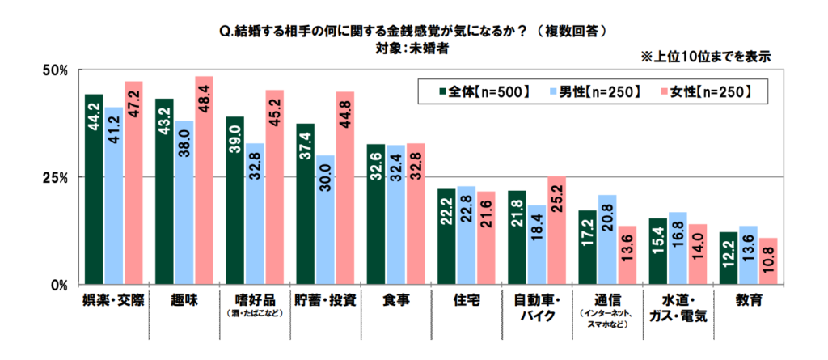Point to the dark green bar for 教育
(x=728, y=259)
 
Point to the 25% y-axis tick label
(x=54, y=177)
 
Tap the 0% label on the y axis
(x=58, y=286)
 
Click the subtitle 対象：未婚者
(x=412, y=48)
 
